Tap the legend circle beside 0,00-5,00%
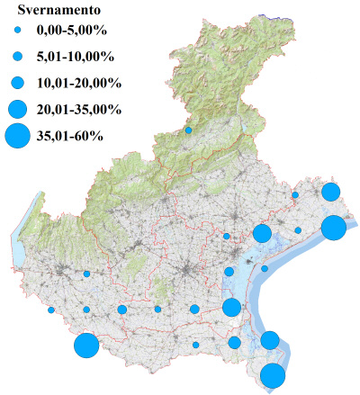click(18, 33)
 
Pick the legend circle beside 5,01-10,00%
click(18, 57)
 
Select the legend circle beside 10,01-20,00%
click(18, 83)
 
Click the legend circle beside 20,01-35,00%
click(18, 109)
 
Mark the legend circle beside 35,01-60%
click(18, 136)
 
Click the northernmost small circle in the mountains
click(188, 130)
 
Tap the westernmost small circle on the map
click(51, 310)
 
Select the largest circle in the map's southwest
click(86, 346)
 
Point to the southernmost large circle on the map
click(273, 376)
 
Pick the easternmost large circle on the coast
click(333, 228)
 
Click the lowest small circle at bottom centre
click(195, 345)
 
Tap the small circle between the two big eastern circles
click(298, 230)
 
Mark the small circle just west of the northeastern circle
click(294, 194)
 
